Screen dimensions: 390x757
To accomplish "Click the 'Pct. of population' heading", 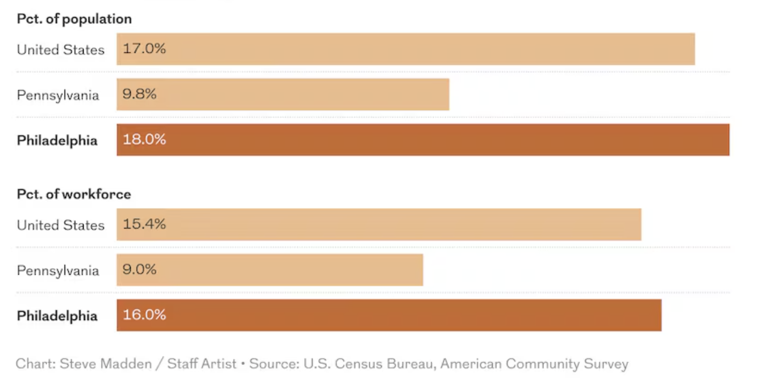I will (x=74, y=19).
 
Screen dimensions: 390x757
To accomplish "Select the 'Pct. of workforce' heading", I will (x=74, y=194).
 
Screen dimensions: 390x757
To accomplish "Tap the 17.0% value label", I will (x=144, y=49).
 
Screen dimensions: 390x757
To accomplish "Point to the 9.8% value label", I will (x=140, y=94).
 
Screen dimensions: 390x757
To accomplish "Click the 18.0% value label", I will (x=144, y=140).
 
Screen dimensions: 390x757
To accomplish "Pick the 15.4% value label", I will (x=144, y=224).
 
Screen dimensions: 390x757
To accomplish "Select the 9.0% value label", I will (x=140, y=269).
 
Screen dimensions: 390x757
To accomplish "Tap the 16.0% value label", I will (x=144, y=315).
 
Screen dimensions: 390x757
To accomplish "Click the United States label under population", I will (x=61, y=49).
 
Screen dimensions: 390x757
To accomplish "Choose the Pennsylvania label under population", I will (x=58, y=95).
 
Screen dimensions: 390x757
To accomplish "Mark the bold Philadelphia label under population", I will (x=57, y=140).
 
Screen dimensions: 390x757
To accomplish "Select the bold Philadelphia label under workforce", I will (x=57, y=316).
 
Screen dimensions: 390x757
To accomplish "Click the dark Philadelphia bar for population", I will (x=423, y=140).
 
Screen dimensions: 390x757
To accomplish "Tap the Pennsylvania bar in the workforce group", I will (x=270, y=269).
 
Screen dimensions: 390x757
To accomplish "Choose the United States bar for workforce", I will (x=379, y=224).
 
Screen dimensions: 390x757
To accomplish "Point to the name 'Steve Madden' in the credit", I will (x=106, y=364).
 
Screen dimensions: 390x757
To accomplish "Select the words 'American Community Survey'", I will (x=534, y=364).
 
